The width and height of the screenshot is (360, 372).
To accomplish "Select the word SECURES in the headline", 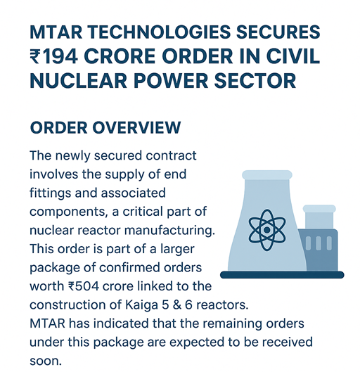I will point(277,32).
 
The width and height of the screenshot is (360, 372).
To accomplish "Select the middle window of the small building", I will point(319,243).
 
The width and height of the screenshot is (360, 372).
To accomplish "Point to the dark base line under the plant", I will point(282,274).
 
